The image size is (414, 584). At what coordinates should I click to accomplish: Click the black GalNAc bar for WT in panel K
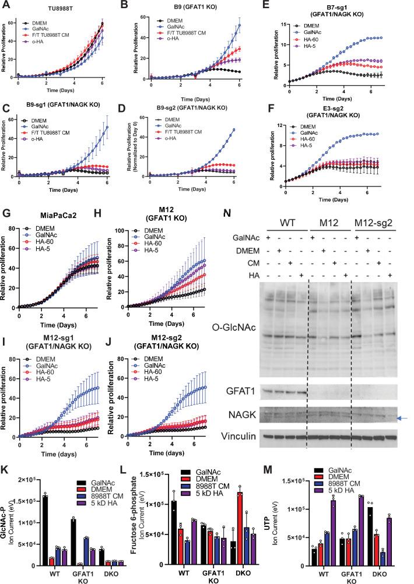pyautogui.click(x=29, y=527)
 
